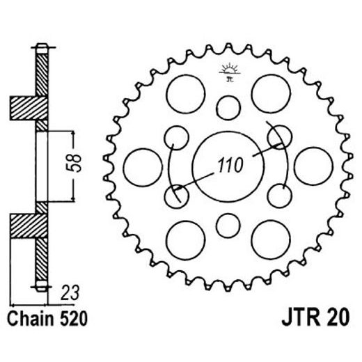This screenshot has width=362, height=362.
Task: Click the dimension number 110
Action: click(x=229, y=166)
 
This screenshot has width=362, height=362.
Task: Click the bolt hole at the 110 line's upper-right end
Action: click(x=279, y=137)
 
